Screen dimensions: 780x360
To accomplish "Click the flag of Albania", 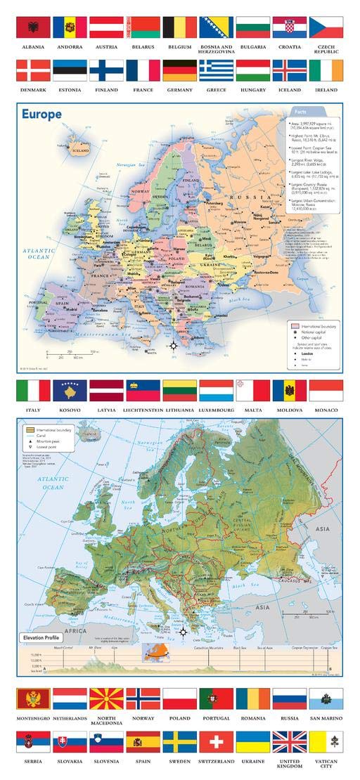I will pos(33,27).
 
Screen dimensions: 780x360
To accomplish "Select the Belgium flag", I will pos(179,27).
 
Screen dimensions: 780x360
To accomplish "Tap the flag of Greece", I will pos(216,70).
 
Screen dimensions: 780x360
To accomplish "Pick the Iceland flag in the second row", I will pos(289,70).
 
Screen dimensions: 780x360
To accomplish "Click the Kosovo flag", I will pos(70,391).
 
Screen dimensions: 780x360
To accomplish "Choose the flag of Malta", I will pos(252,391).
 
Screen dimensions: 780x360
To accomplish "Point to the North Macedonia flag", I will pos(106,698).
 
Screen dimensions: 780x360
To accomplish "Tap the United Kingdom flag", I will pos(289,742).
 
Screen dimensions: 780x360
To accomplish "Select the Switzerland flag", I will pos(216,742).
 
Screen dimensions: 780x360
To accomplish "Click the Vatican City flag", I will pos(326,742).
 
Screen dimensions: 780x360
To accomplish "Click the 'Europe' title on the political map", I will pos(41,114).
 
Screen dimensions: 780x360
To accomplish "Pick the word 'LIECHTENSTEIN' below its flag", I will pos(143,409).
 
